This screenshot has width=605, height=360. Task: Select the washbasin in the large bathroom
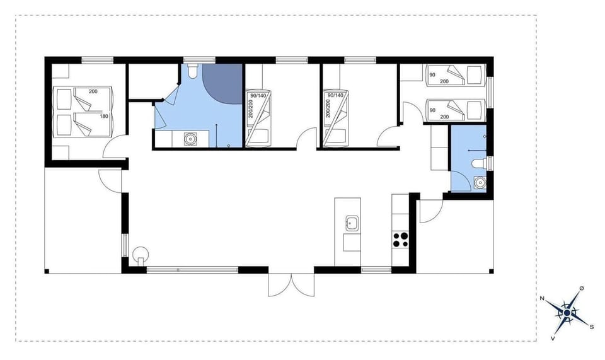[190, 139]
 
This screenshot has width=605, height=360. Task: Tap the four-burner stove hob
[401, 240]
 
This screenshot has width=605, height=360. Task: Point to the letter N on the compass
[542, 299]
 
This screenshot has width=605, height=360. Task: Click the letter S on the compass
[591, 327]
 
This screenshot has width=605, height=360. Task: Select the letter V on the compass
[553, 338]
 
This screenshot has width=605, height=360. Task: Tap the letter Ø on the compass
[581, 288]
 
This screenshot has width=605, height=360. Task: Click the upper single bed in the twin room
[456, 74]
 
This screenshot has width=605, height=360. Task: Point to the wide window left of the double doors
[192, 270]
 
